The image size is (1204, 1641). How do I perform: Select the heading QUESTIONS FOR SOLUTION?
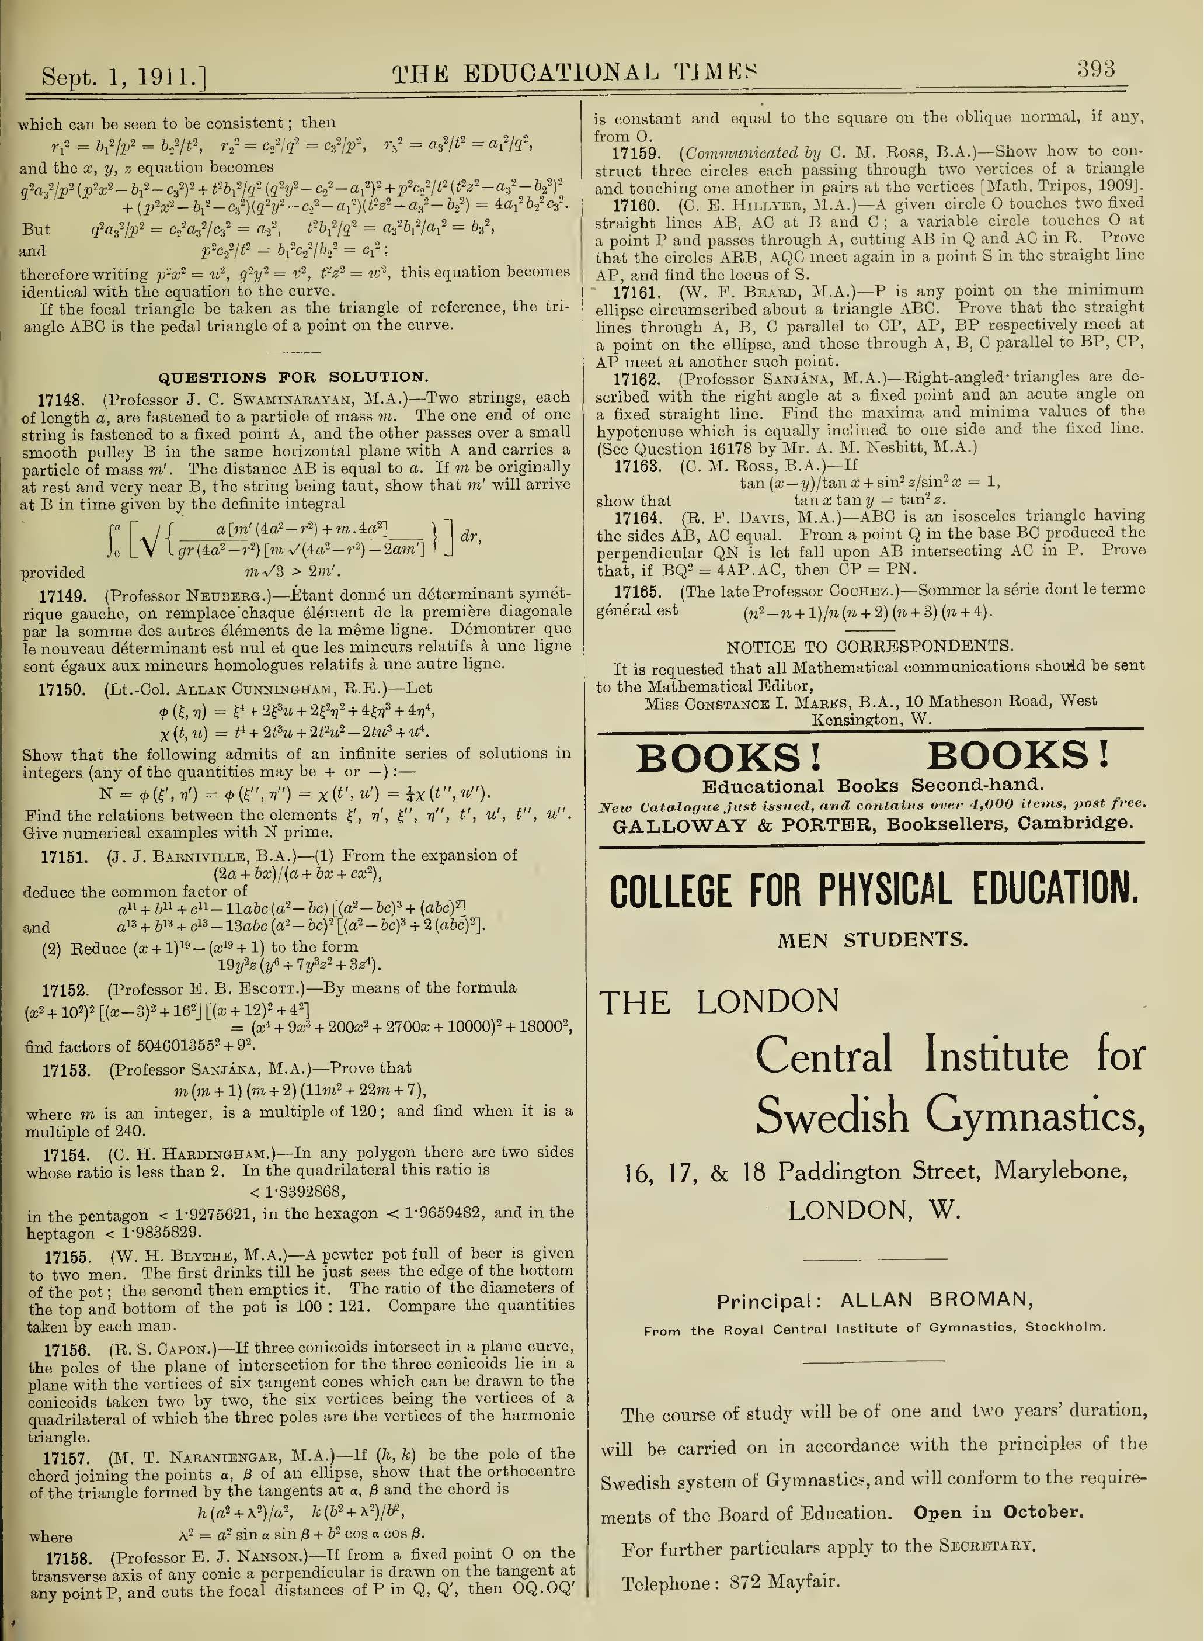coord(294,377)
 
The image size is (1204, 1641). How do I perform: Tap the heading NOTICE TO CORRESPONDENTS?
coord(869,647)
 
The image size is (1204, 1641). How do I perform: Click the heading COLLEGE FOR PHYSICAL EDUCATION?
coord(874,891)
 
